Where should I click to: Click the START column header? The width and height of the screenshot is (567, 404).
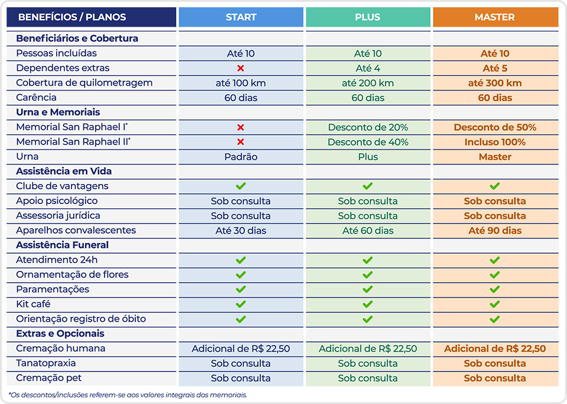240,17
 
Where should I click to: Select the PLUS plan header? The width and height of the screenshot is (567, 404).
367,17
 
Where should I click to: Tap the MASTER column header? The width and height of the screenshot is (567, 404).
495,17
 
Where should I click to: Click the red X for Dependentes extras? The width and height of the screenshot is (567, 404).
240,68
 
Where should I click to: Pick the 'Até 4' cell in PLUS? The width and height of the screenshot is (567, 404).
367,68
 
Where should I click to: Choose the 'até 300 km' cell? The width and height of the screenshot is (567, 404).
495,83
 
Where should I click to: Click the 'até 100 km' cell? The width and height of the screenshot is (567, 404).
240,83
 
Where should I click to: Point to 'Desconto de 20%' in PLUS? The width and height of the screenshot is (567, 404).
367,127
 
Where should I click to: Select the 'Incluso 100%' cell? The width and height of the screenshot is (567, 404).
495,142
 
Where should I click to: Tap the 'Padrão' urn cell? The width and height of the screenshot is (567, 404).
240,157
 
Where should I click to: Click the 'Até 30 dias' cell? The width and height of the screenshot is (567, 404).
240,231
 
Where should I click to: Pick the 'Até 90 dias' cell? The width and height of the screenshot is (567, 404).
495,231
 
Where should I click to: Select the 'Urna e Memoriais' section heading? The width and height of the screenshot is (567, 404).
58,112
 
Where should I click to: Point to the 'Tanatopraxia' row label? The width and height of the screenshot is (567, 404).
46,363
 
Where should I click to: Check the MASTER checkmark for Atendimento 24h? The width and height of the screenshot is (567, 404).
495,260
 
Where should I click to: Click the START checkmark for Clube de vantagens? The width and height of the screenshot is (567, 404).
240,186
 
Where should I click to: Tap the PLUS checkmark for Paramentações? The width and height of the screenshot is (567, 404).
367,289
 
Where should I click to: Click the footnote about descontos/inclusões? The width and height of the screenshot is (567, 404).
128,395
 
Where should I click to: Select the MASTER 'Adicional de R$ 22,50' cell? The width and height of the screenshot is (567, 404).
495,348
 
